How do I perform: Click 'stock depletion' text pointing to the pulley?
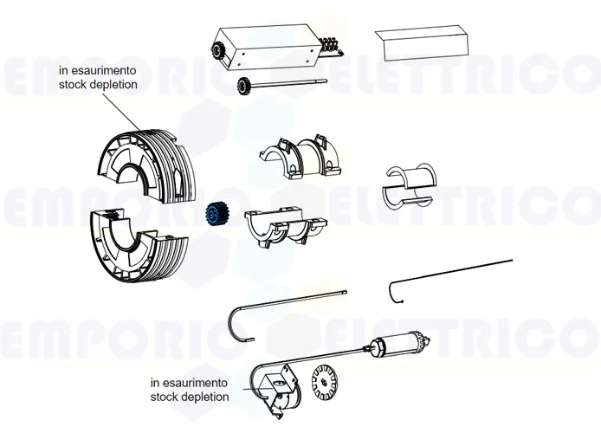pyautogui.click(x=97, y=86)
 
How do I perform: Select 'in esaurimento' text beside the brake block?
pyautogui.click(x=189, y=382)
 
